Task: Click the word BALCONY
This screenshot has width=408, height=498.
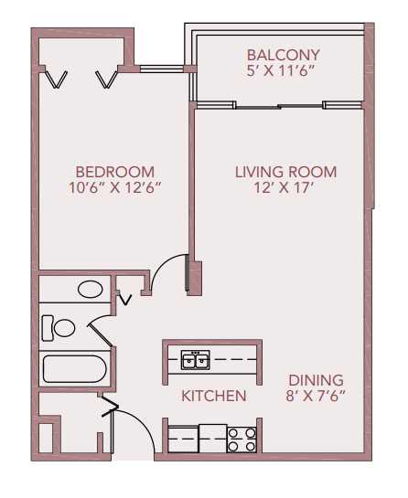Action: pyautogui.click(x=283, y=54)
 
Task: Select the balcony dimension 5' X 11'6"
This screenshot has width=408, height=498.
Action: pyautogui.click(x=283, y=70)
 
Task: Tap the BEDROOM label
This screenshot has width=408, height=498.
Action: pyautogui.click(x=114, y=172)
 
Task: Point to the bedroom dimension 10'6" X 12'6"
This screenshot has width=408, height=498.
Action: pyautogui.click(x=114, y=188)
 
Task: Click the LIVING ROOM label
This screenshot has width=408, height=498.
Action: pyautogui.click(x=285, y=172)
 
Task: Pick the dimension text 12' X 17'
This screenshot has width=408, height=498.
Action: pyautogui.click(x=285, y=188)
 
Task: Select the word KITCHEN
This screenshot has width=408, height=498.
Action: pyautogui.click(x=213, y=396)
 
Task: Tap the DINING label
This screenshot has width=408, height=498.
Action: pyautogui.click(x=316, y=380)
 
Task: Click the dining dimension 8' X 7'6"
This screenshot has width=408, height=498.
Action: pyautogui.click(x=316, y=397)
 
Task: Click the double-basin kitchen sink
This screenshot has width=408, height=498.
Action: pyautogui.click(x=195, y=360)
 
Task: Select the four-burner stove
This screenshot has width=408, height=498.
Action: pyautogui.click(x=242, y=440)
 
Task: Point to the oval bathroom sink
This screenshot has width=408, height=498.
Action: pyautogui.click(x=90, y=291)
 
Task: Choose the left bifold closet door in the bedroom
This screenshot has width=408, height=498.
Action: pyautogui.click(x=58, y=79)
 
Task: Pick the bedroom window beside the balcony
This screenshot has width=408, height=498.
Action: pyautogui.click(x=161, y=68)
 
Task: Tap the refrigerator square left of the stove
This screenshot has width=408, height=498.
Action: pyautogui.click(x=212, y=439)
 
